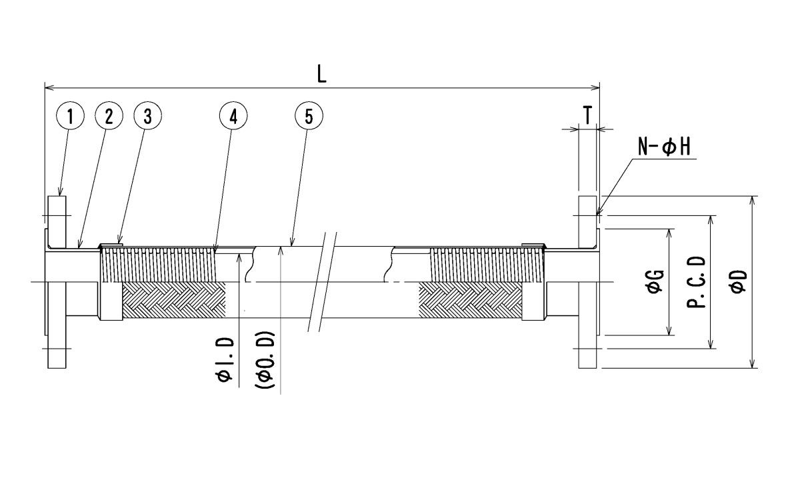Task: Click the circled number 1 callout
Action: tap(71, 116)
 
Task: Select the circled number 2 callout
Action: tap(109, 116)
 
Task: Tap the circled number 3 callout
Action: tap(148, 116)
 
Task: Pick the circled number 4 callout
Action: tap(233, 116)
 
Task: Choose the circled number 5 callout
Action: tap(309, 116)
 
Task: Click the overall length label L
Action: tap(322, 75)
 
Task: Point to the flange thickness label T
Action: tap(587, 115)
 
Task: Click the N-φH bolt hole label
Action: tap(664, 147)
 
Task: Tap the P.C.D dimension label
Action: tap(697, 282)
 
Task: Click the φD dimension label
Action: tap(738, 281)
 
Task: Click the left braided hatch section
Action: tap(174, 301)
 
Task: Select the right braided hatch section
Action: tap(471, 301)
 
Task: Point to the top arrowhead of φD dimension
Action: tap(752, 201)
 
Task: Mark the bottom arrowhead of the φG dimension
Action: tap(669, 331)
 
